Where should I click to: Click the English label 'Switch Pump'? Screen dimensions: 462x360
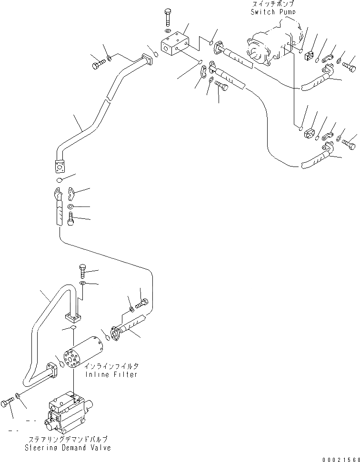(273, 12)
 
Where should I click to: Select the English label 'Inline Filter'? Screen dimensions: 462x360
(112, 374)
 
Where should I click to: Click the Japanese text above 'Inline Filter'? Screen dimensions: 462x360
(112, 366)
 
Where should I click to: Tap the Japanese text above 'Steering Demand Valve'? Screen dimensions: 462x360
(69, 439)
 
